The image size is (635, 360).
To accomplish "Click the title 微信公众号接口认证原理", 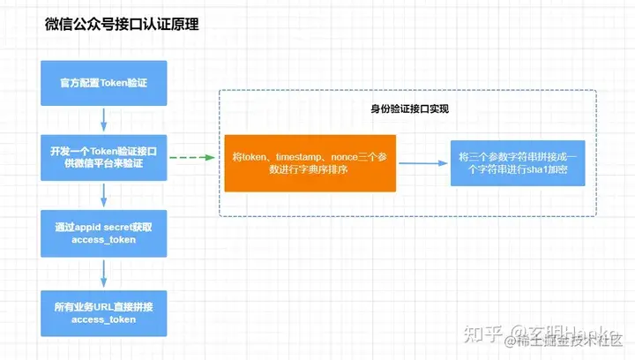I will pos(122,25).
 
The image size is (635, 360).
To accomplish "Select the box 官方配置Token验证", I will pos(104,84).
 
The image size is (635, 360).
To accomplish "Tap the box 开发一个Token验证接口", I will pos(104,158).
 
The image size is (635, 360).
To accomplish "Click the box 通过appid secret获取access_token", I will pos(104,233).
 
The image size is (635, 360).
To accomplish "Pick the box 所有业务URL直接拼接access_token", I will pos(104,311).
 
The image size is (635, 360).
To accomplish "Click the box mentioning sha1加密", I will pos(517,163).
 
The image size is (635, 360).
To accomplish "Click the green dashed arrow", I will pos(190,158).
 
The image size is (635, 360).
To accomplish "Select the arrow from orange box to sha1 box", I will pos(422,163).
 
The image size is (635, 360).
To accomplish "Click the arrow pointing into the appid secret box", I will pos(104,195).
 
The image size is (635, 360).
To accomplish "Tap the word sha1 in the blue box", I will pos(537,170).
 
